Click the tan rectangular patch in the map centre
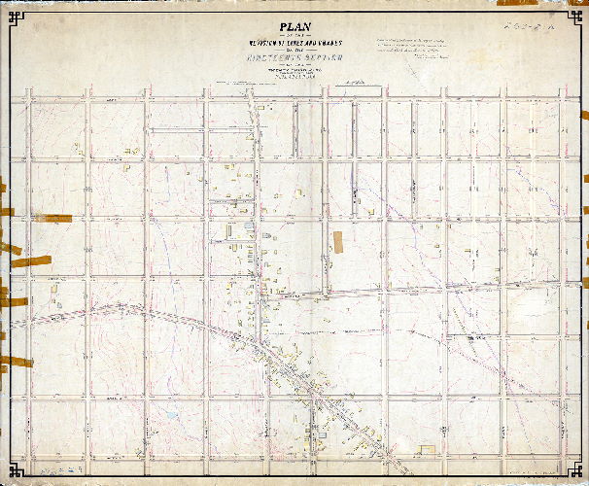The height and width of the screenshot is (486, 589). click(337, 242)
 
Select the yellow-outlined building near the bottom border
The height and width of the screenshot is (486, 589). click(426, 448)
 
